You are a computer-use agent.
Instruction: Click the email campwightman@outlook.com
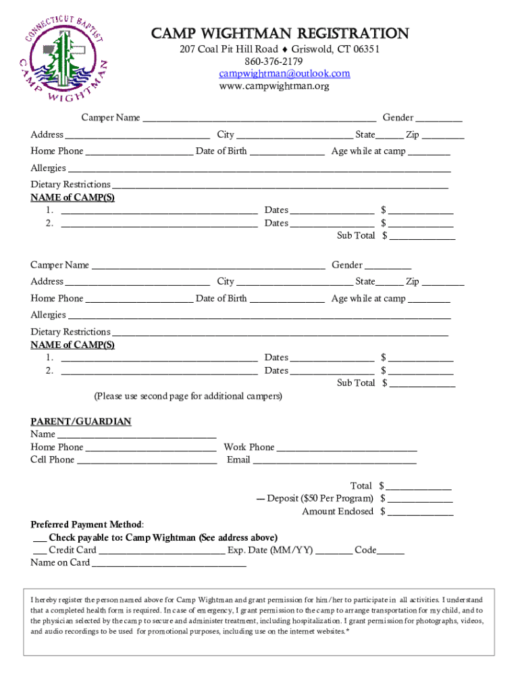click(x=284, y=74)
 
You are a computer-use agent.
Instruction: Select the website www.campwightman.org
click(x=274, y=86)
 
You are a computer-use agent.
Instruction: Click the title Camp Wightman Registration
click(x=280, y=34)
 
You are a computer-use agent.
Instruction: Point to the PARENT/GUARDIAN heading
click(x=81, y=422)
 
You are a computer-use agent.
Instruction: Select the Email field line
click(x=334, y=461)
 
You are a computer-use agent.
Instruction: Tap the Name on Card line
click(x=170, y=564)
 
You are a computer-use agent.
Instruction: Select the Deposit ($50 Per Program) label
click(x=321, y=499)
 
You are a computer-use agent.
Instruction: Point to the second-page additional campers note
click(x=188, y=396)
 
